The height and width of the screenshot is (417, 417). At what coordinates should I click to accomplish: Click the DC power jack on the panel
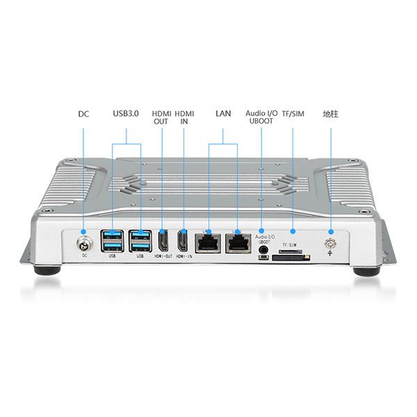84,243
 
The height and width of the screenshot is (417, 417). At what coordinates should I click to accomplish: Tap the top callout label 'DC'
83,113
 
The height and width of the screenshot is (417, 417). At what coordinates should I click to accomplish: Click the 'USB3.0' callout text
126,113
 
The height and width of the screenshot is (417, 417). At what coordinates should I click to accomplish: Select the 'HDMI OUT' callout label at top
161,117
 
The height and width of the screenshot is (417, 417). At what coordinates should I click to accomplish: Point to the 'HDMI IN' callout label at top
184,117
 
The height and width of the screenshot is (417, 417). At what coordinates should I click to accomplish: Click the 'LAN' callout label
222,113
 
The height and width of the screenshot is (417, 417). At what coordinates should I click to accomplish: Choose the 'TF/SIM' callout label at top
293,113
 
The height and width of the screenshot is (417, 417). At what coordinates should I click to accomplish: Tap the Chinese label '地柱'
330,113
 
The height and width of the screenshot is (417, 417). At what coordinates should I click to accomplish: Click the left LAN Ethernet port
208,242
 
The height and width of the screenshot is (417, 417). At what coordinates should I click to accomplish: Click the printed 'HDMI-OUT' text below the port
162,256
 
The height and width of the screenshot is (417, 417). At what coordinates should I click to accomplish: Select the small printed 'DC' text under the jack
84,256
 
